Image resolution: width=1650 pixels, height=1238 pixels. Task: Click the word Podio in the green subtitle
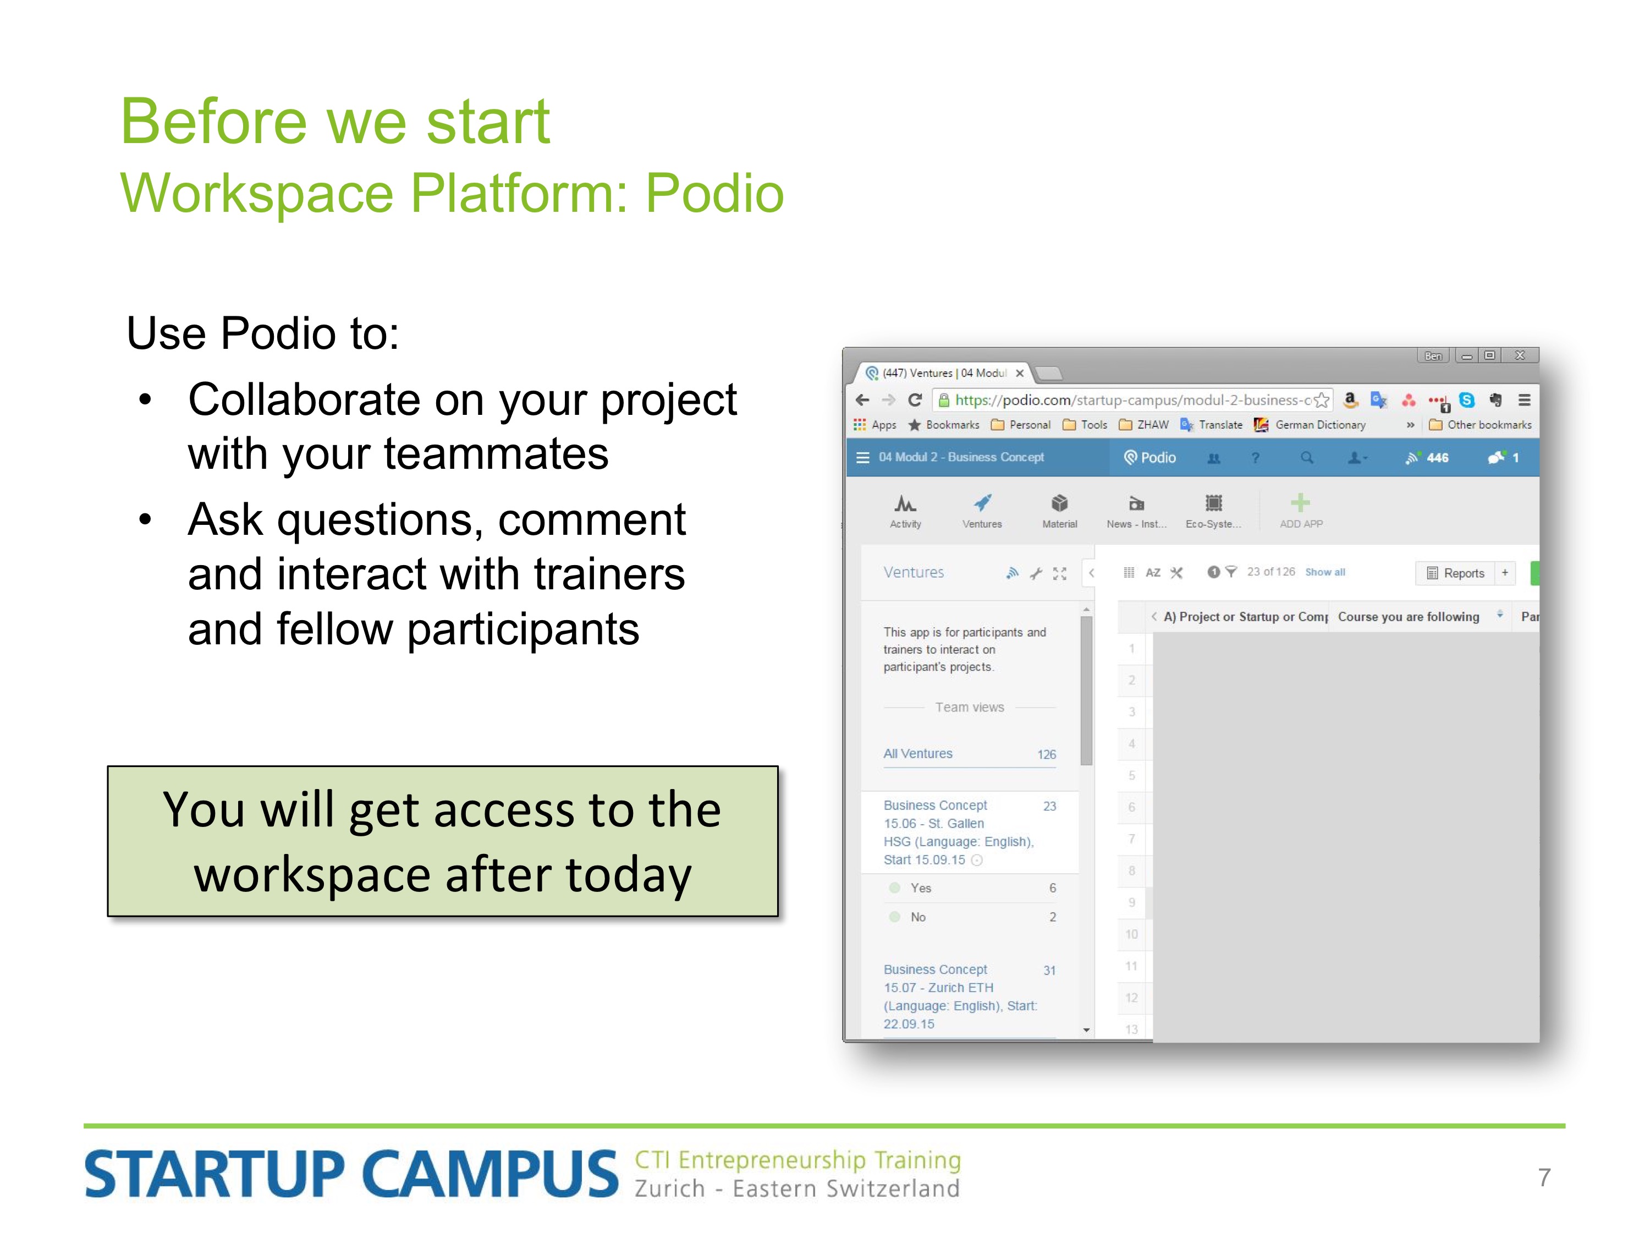tap(714, 193)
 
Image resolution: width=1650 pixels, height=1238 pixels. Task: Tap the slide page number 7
tap(1543, 1177)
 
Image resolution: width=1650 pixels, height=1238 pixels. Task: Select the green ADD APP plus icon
tap(1300, 502)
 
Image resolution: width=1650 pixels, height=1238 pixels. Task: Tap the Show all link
tap(1325, 572)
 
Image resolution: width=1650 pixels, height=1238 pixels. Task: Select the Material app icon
tap(1059, 502)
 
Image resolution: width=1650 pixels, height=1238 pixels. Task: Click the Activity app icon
tap(905, 502)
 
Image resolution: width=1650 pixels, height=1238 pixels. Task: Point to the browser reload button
tap(915, 400)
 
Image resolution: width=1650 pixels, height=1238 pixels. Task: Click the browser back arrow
tap(862, 400)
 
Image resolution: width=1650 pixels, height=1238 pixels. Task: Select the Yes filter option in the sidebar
tap(921, 888)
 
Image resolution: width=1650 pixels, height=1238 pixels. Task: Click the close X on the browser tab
tap(1020, 373)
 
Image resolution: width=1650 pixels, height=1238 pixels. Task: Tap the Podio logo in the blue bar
tap(1149, 457)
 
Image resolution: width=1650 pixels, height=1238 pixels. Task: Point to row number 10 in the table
tap(1131, 934)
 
